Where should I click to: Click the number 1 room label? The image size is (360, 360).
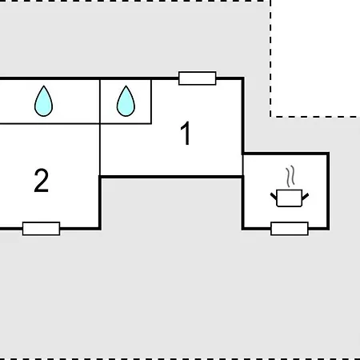[x=186, y=134]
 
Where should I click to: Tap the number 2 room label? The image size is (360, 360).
[x=42, y=181]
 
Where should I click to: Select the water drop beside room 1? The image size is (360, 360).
[x=126, y=101]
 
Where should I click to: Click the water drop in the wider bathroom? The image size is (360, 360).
[x=44, y=101]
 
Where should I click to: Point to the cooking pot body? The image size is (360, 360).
[x=290, y=198]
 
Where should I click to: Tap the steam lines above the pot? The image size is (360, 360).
[x=290, y=176]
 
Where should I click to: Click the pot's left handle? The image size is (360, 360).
[x=274, y=196]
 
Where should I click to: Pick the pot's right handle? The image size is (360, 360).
[x=306, y=196]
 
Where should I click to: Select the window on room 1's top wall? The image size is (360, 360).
[x=198, y=78]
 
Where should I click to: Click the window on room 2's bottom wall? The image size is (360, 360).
[x=42, y=229]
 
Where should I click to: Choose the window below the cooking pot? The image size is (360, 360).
[x=290, y=229]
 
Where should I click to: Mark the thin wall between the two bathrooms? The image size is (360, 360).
[x=100, y=102]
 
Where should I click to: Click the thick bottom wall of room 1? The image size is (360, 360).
[x=171, y=177]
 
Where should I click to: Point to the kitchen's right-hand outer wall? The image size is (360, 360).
[x=328, y=191]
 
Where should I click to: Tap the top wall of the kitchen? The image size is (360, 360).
[x=286, y=154]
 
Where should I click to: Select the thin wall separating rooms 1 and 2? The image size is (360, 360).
[x=100, y=150]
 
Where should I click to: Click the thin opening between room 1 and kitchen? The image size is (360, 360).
[x=242, y=166]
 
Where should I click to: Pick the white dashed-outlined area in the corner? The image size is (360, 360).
[x=315, y=58]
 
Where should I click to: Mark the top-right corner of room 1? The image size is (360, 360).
[x=243, y=78]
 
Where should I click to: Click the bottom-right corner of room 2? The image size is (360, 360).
[x=100, y=229]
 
